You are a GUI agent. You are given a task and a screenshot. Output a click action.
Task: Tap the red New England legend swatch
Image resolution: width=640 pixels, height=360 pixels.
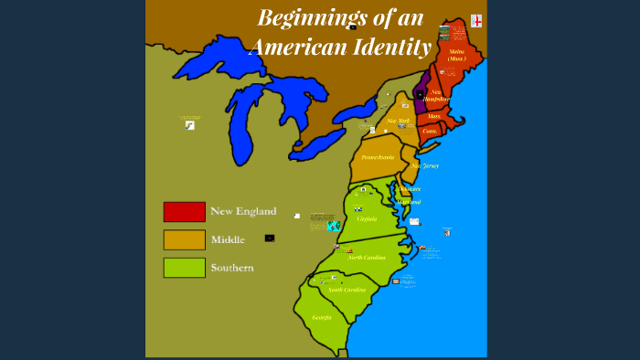point(184,211)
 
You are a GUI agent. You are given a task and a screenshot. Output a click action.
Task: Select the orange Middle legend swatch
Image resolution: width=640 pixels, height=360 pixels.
point(184,239)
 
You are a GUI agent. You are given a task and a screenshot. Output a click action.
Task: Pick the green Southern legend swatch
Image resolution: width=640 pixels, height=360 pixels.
point(184,268)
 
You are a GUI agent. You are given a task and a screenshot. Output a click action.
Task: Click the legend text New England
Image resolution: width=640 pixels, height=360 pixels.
point(243,211)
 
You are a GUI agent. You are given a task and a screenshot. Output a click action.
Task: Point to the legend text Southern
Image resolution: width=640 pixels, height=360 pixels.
point(232,268)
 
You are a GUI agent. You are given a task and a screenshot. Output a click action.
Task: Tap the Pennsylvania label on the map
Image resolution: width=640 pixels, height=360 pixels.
point(378,157)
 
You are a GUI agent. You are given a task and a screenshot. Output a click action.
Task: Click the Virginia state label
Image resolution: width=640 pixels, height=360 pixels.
point(367,218)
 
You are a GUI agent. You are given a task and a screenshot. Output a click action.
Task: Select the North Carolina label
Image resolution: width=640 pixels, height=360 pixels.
point(366,258)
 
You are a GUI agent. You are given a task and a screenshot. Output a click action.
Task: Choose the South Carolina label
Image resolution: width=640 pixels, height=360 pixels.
point(347,290)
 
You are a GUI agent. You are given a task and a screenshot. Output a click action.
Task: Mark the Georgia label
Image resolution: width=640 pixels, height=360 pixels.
point(322,317)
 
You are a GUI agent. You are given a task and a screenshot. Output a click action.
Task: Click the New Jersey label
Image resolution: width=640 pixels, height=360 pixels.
point(425,165)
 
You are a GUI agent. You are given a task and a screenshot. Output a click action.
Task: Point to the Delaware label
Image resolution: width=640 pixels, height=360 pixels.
point(409,188)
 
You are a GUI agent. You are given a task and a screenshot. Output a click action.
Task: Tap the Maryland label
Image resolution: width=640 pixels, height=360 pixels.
point(409,201)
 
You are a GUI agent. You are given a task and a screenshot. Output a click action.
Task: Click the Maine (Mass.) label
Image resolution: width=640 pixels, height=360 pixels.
point(456,55)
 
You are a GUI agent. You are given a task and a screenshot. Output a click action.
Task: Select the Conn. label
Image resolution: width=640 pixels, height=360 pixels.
point(430,131)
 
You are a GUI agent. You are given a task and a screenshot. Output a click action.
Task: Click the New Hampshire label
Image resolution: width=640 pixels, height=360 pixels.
point(441,95)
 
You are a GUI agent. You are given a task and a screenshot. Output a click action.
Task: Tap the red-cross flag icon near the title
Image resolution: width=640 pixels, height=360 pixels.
point(476,21)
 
